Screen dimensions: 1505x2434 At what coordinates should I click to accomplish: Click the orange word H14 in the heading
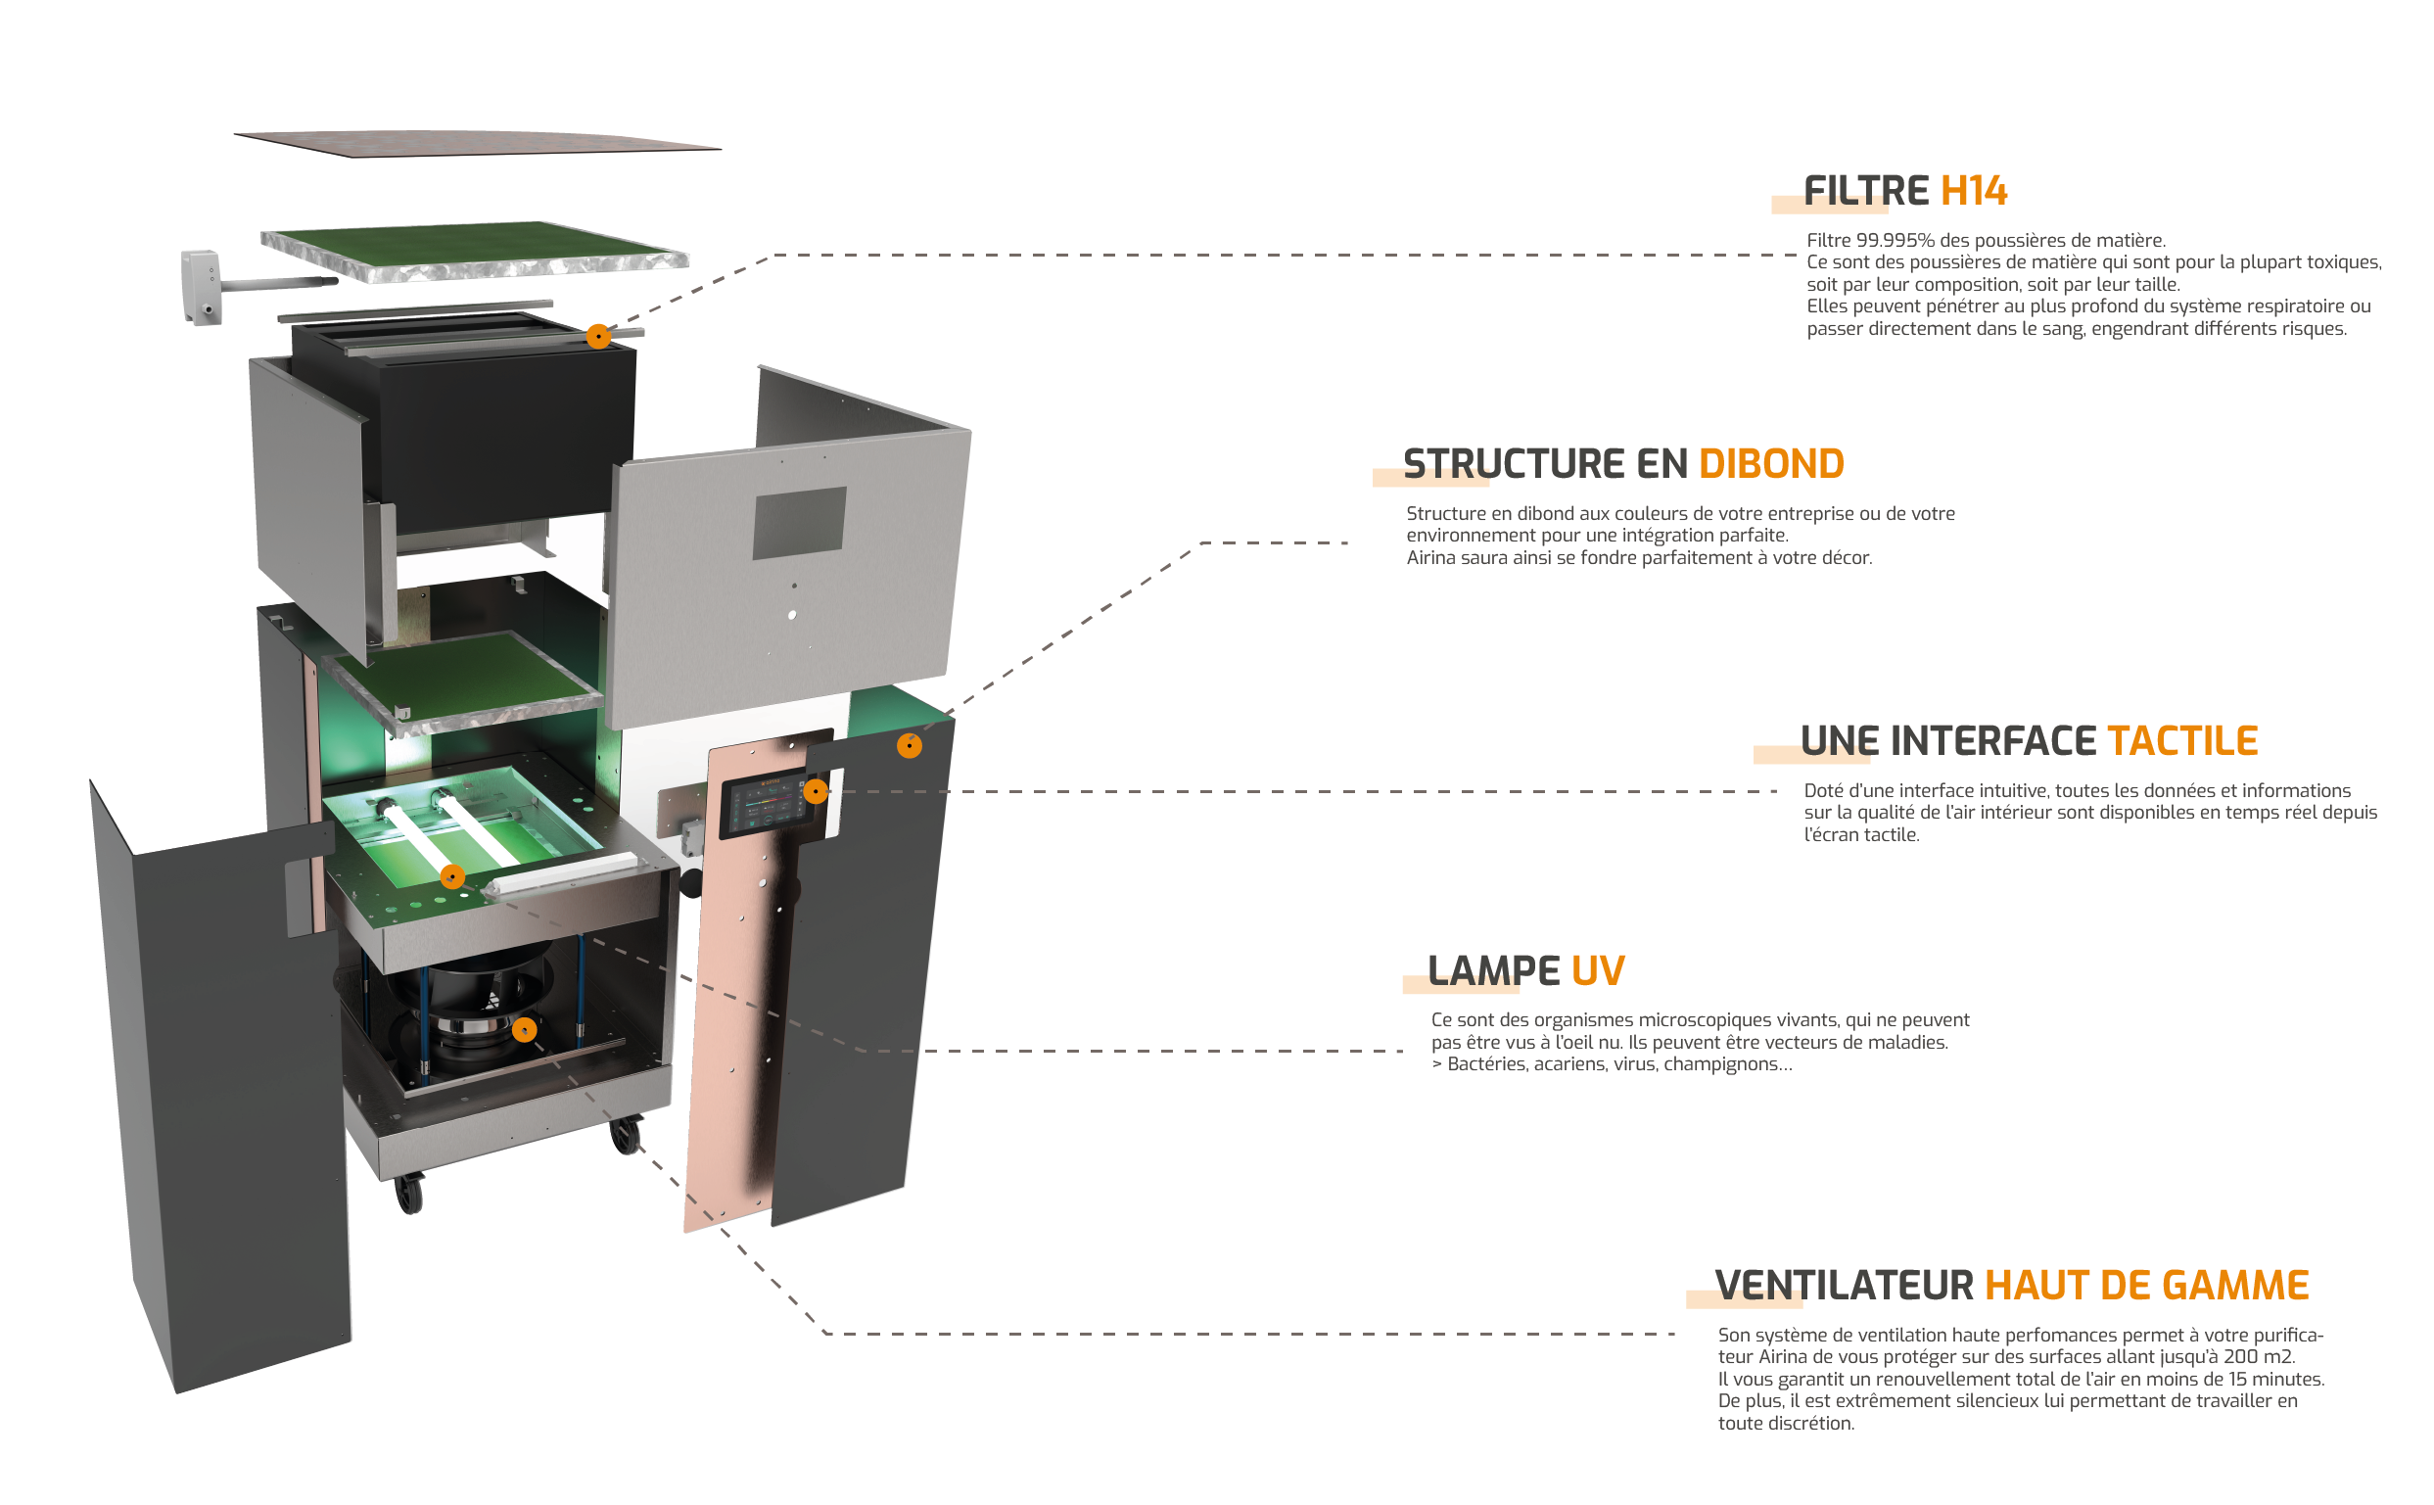coord(1973,190)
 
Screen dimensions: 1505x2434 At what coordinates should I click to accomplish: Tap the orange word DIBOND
coord(1771,464)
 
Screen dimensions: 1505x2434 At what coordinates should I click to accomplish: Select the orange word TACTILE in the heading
coord(2182,740)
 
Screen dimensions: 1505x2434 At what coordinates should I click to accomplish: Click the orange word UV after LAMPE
coord(1597,970)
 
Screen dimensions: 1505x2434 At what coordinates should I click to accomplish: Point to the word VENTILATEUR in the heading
coord(1844,1285)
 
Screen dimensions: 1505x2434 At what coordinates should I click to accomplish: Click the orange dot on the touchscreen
coord(815,791)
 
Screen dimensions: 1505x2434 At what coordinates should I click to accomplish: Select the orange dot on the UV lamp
coord(451,876)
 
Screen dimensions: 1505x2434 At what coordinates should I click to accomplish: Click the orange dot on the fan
coord(525,1029)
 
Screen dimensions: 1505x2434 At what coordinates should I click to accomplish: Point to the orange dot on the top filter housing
coord(598,337)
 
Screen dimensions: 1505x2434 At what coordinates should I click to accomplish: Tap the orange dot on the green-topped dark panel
coord(909,745)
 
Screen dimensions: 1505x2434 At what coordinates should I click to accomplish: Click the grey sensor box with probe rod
coord(201,287)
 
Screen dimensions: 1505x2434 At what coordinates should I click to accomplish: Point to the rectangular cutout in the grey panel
coord(799,523)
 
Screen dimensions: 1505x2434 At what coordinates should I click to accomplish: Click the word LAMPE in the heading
coord(1493,970)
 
